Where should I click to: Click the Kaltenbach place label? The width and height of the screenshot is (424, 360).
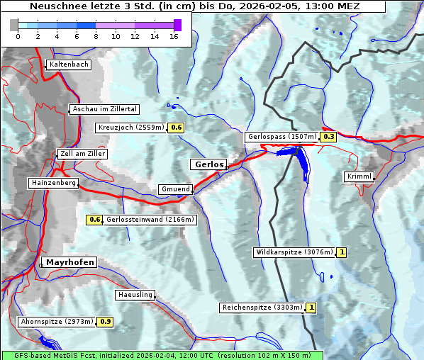click(69, 64)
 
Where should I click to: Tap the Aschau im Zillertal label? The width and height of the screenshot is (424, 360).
click(105, 109)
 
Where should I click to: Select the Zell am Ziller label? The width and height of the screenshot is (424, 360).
click(83, 154)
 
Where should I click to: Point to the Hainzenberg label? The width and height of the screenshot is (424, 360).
click(52, 183)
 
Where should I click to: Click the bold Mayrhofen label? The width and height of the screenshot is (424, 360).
click(70, 262)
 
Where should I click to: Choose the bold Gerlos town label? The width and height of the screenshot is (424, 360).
click(208, 164)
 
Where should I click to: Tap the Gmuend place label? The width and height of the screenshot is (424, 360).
click(175, 189)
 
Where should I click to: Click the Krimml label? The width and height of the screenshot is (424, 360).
click(359, 176)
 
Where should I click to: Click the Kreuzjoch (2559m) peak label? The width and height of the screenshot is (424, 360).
click(130, 128)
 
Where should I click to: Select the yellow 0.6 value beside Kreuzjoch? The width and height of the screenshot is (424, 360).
click(176, 128)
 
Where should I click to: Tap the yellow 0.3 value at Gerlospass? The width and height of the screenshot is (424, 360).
click(328, 137)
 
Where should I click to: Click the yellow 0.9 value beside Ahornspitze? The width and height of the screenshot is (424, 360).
click(106, 322)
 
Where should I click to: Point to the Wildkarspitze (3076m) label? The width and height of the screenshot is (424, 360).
click(294, 252)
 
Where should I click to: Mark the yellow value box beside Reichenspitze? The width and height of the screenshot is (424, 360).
click(311, 308)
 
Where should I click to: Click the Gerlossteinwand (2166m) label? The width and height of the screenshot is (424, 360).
click(150, 220)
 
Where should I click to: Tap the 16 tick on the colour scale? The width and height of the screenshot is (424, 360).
click(174, 36)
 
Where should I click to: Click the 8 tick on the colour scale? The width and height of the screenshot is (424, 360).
click(96, 36)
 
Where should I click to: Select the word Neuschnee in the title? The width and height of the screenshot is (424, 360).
click(55, 6)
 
